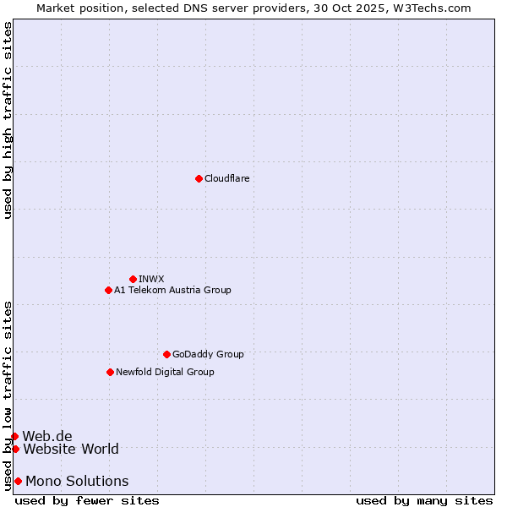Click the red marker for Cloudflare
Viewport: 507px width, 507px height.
point(199,178)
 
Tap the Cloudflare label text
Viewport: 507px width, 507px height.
point(226,178)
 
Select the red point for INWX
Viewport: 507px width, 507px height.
point(133,279)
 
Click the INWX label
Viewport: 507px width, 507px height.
point(151,279)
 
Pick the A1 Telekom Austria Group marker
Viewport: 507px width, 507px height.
point(108,290)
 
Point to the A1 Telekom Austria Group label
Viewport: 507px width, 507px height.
point(172,290)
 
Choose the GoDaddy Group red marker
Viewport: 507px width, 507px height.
point(166,354)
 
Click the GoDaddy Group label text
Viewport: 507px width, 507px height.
point(208,354)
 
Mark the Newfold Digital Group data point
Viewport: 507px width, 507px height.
point(110,372)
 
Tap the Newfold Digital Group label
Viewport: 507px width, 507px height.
point(165,372)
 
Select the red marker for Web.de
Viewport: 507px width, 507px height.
point(14,436)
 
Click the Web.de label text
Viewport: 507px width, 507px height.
point(47,436)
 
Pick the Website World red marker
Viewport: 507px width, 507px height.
point(15,449)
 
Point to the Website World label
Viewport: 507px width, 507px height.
point(71,449)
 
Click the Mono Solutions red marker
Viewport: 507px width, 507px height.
point(18,481)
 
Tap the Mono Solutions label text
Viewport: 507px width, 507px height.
point(77,481)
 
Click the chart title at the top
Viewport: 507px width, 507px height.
point(253,8)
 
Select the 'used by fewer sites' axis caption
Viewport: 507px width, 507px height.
point(87,500)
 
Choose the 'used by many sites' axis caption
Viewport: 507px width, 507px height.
point(424,500)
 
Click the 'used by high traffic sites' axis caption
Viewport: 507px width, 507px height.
point(8,120)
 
